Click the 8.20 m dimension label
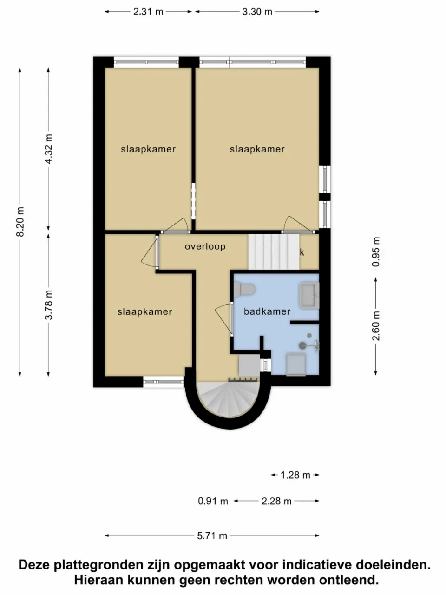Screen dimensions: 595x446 click(x=20, y=221)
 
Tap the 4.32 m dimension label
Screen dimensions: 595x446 click(x=48, y=149)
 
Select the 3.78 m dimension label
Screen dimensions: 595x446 click(x=48, y=304)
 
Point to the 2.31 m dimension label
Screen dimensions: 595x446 click(x=148, y=12)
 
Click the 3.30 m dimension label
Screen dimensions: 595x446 click(x=257, y=12)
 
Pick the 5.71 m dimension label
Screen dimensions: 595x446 click(x=212, y=535)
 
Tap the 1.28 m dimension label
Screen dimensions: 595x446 click(x=295, y=475)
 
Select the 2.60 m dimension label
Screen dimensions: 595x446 click(x=376, y=325)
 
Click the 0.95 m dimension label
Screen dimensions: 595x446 click(x=376, y=251)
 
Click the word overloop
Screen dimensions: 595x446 click(x=205, y=246)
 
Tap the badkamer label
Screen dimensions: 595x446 click(x=267, y=311)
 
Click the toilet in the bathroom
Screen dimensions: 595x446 click(x=244, y=290)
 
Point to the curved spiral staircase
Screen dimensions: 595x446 click(x=228, y=400)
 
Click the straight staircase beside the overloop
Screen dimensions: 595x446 click(x=274, y=251)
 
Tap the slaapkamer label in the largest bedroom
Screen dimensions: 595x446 click(x=257, y=149)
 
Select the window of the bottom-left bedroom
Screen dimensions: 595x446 click(x=163, y=382)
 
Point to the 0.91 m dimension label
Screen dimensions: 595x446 click(x=213, y=501)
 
